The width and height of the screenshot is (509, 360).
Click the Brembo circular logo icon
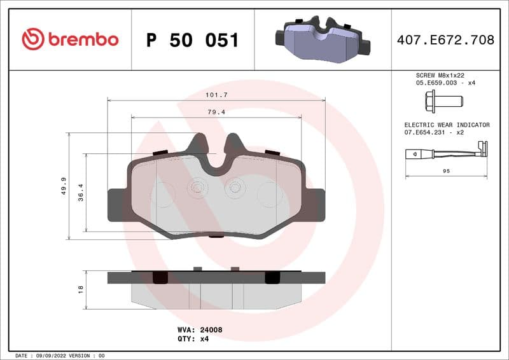click(x=33, y=39)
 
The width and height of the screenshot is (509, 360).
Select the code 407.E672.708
click(x=445, y=40)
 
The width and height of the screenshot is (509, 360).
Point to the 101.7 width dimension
click(x=217, y=94)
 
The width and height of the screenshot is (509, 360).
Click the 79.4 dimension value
click(x=217, y=112)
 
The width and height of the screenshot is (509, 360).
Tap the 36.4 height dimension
click(x=80, y=191)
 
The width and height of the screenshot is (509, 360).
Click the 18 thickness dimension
click(x=80, y=289)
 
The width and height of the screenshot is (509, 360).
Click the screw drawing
click(x=443, y=100)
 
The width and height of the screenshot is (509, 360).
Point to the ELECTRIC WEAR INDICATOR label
click(x=447, y=125)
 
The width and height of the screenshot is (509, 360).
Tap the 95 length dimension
click(x=446, y=171)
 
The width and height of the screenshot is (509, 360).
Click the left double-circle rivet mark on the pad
click(x=197, y=187)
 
